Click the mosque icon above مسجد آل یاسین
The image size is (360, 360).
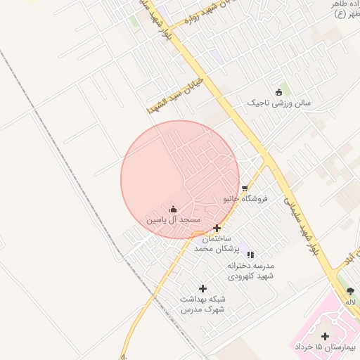174,209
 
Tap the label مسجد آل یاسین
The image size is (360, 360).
174,221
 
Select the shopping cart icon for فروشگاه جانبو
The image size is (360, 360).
245,188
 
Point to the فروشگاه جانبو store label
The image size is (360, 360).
246,200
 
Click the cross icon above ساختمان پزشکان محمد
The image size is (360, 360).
217,228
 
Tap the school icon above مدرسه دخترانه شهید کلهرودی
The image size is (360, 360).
250,255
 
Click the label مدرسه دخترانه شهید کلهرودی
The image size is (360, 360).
250,271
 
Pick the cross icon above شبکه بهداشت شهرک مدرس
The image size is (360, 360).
203,288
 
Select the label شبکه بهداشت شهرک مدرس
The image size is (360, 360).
203,304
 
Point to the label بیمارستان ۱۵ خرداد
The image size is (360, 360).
326,347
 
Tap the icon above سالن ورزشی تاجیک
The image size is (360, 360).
278,92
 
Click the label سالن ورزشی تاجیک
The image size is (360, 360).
278,103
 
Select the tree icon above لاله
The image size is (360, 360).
351,290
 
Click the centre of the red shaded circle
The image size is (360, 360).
181,179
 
